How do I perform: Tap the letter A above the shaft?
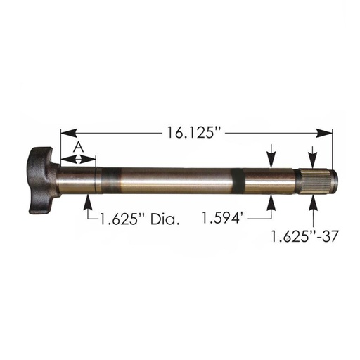pos(78,146)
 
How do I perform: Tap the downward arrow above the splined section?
pos(311,158)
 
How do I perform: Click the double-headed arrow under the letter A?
pos(78,159)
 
